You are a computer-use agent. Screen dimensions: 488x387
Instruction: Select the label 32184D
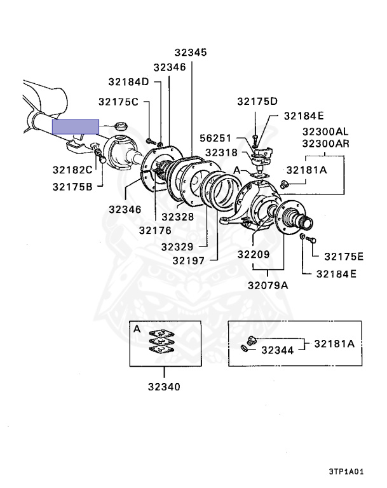click(128, 82)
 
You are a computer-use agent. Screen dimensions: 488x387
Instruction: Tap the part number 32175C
click(118, 102)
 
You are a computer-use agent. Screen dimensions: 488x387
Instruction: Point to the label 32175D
click(257, 102)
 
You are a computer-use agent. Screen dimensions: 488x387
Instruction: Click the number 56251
click(216, 138)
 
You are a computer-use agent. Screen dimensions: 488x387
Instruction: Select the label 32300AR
click(325, 143)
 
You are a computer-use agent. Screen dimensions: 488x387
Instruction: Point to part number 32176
click(155, 229)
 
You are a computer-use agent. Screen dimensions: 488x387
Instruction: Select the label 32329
click(180, 246)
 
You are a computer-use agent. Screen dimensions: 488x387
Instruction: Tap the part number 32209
click(254, 255)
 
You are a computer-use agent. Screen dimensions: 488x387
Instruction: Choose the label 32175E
click(343, 257)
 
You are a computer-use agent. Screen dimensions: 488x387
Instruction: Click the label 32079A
click(268, 285)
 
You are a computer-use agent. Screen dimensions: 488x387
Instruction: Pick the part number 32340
click(164, 386)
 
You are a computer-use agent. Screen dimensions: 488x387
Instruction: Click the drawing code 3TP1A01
click(346, 472)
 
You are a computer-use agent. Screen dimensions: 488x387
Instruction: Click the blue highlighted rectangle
click(75, 126)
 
